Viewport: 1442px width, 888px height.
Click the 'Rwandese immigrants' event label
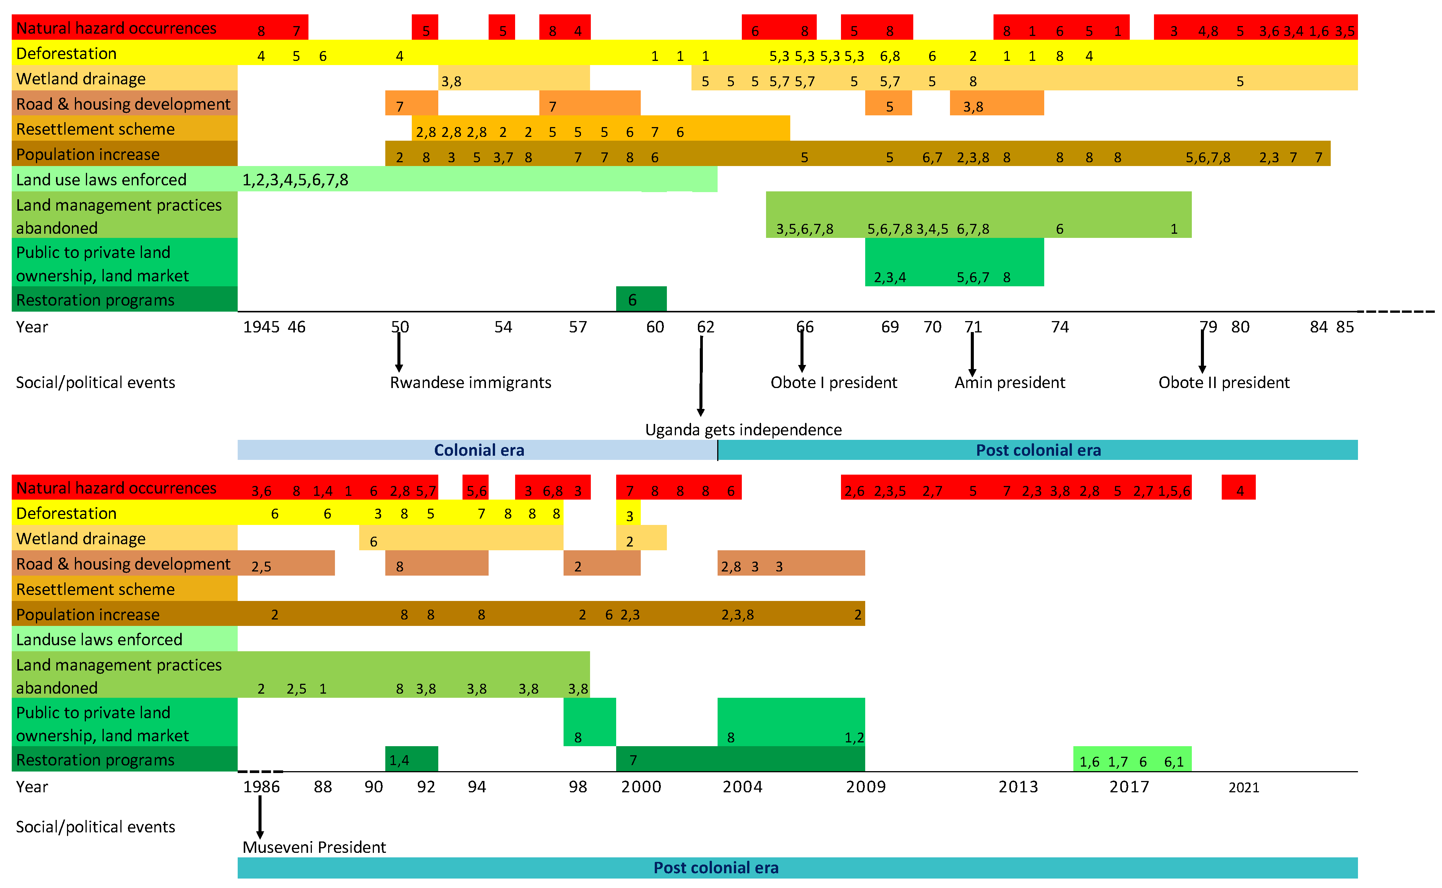point(470,382)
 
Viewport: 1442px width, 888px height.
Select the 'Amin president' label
point(1009,382)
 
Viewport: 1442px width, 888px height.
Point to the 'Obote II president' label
point(1223,382)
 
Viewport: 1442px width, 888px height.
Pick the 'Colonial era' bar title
point(478,450)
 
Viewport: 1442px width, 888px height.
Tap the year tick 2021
point(1243,787)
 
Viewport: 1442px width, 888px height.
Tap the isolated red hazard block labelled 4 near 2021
point(1238,487)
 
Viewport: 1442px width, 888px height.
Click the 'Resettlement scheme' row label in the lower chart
point(95,589)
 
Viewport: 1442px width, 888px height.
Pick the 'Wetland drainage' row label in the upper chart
point(81,79)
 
